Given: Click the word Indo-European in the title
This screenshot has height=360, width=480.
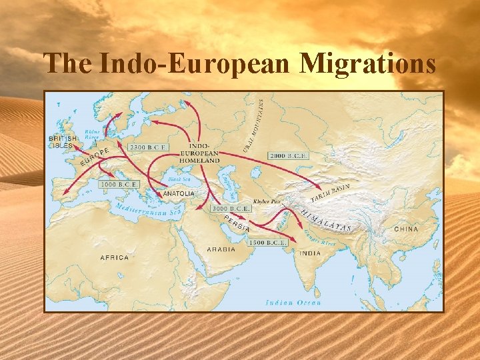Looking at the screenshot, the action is coord(194,64).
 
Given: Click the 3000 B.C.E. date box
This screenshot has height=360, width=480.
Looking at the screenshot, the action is coord(231,209).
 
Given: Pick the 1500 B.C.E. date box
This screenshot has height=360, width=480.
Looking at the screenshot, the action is coord(267,243).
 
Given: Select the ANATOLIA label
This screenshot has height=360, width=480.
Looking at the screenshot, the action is coord(179,194).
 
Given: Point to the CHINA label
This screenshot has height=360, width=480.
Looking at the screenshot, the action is coord(406,229).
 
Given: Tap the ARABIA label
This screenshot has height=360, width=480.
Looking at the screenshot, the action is coord(221,249).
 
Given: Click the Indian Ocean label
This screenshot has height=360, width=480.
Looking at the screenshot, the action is coord(293,303).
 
